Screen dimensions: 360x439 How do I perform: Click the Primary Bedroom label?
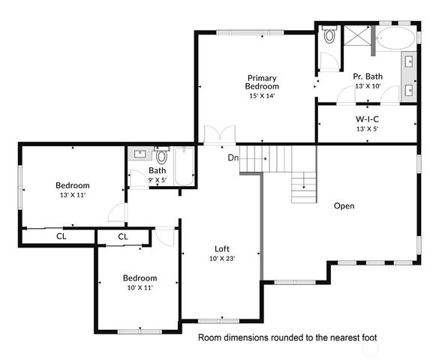point(263,82)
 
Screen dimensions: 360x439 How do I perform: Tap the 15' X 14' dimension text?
point(263,95)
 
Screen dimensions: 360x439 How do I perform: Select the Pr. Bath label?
point(368,76)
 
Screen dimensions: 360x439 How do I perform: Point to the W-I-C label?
point(367,119)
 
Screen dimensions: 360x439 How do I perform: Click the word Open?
point(344,205)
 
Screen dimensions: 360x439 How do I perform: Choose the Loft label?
point(221,249)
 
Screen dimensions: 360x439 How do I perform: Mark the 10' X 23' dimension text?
point(222,259)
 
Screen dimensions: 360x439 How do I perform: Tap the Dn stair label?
point(234,157)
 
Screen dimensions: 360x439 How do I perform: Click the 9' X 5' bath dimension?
point(157,180)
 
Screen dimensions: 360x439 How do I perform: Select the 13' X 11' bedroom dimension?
point(73,195)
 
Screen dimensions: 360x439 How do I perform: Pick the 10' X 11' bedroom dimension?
point(140,287)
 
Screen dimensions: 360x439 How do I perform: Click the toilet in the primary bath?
point(328,37)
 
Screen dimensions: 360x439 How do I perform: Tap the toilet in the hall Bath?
point(161,157)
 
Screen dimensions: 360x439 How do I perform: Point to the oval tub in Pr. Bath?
point(393,39)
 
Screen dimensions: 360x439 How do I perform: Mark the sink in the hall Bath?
point(140,154)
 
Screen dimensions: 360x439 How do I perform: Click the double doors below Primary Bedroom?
point(219,135)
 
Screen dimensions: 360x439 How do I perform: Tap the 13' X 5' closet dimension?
point(367,129)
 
